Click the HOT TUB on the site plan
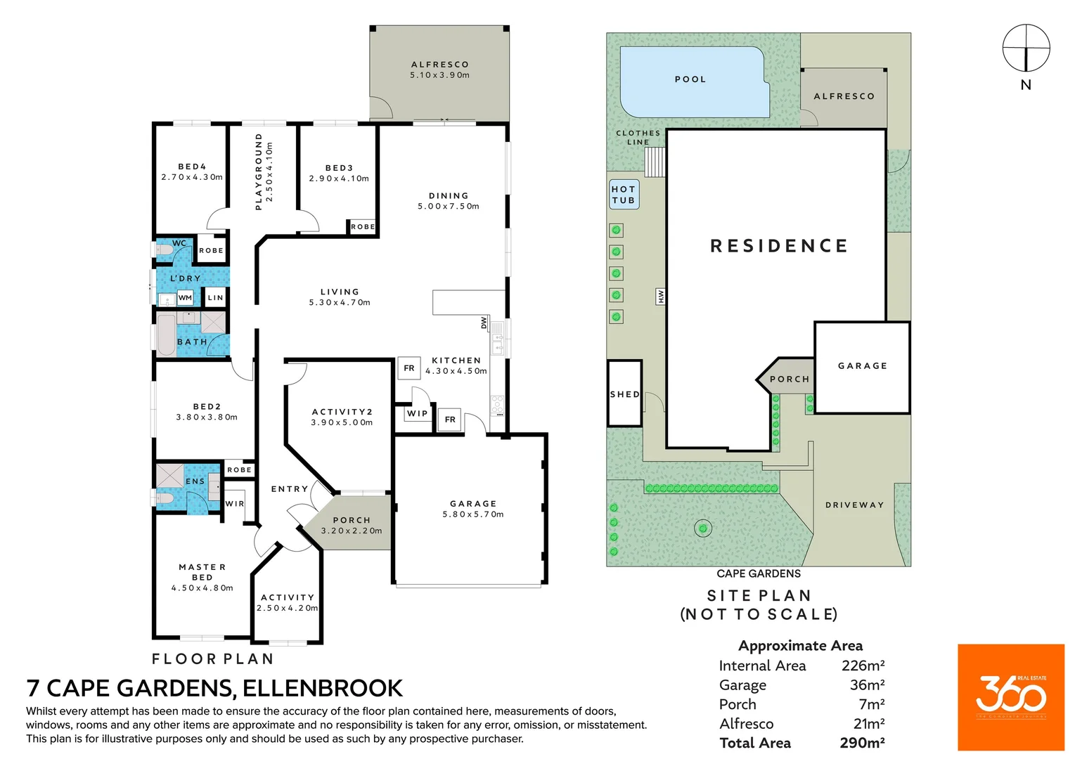point(624,194)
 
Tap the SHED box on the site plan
point(624,394)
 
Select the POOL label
point(690,79)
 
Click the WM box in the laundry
point(185,298)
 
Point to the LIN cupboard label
point(215,297)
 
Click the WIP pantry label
point(417,413)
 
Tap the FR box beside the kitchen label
point(409,368)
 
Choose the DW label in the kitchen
point(484,323)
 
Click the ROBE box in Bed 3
point(362,227)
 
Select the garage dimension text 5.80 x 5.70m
point(472,514)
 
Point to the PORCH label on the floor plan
point(352,520)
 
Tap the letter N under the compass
point(1026,85)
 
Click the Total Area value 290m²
point(862,743)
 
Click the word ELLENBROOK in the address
point(323,688)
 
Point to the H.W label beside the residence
point(660,297)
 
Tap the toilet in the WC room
point(164,250)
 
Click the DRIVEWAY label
point(854,505)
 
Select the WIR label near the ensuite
point(235,504)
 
